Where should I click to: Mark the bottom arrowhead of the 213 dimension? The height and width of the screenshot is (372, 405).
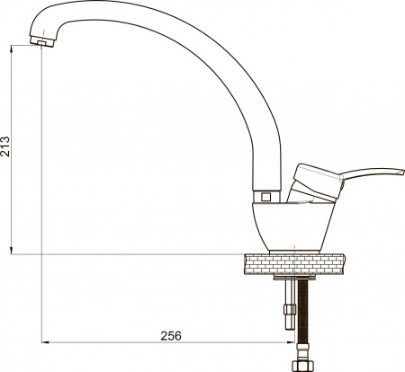coord(11,249)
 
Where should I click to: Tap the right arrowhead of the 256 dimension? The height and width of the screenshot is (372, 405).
coord(292,343)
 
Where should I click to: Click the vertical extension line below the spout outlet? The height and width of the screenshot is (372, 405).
coord(42,180)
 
